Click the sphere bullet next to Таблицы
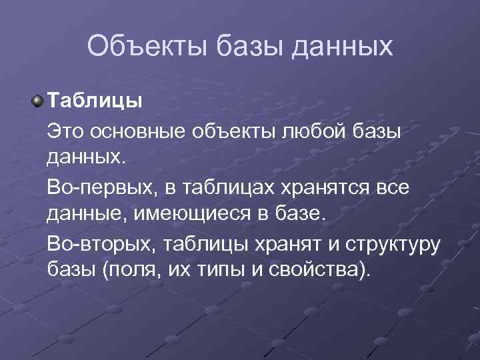coord(38,101)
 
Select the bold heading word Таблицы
coord(94,103)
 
